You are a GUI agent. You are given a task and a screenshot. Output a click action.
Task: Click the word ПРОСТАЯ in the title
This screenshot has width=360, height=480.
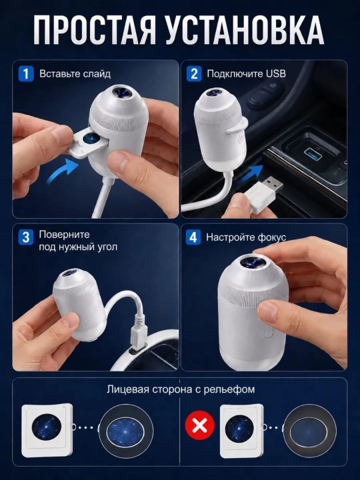click(x=95, y=30)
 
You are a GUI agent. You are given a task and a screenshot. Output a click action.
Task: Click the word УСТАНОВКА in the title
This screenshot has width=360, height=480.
click(x=245, y=30)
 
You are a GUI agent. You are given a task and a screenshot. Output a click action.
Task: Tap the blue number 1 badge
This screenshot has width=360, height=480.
click(x=26, y=74)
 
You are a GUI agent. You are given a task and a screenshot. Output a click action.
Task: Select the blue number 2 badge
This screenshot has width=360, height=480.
click(x=194, y=74)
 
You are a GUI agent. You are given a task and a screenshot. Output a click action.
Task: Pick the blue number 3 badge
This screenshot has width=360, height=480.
click(x=26, y=237)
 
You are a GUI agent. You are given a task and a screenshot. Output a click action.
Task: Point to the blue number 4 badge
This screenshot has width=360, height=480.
click(x=193, y=237)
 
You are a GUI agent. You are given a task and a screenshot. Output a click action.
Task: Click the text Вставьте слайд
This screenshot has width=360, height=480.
click(x=75, y=74)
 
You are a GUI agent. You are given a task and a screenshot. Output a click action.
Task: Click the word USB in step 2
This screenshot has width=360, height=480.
click(x=276, y=74)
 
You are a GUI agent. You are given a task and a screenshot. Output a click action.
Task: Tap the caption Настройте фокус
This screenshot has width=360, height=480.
click(x=246, y=237)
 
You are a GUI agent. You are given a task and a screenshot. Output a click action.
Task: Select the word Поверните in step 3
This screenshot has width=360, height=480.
click(x=64, y=235)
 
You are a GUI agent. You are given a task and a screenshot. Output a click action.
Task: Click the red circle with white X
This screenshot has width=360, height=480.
click(x=200, y=425)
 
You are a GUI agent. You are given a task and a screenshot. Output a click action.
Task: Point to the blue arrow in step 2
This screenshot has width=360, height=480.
click(x=251, y=173)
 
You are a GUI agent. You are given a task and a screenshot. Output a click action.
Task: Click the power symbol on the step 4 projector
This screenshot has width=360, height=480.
click(x=268, y=334)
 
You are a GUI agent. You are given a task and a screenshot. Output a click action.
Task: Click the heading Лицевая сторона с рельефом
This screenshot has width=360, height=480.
click(x=181, y=389)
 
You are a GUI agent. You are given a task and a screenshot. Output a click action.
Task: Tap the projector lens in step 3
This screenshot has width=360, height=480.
click(x=70, y=273)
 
